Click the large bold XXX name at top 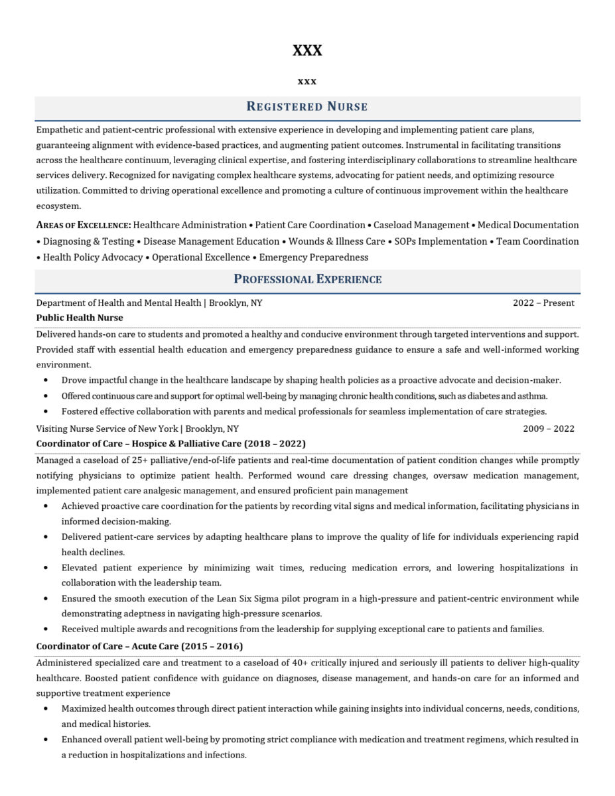click(307, 50)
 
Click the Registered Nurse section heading click(307, 106)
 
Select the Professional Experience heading click(307, 279)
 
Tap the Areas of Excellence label click(83, 226)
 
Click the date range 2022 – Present click(543, 303)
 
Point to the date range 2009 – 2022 click(548, 429)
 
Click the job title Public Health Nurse click(80, 318)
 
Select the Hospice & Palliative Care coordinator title click(171, 443)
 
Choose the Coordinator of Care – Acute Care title click(139, 646)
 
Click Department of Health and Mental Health click(119, 303)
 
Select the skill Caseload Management click(421, 226)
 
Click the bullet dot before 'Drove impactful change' click(45, 381)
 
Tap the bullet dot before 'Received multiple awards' click(45, 629)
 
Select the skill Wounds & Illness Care click(336, 241)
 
